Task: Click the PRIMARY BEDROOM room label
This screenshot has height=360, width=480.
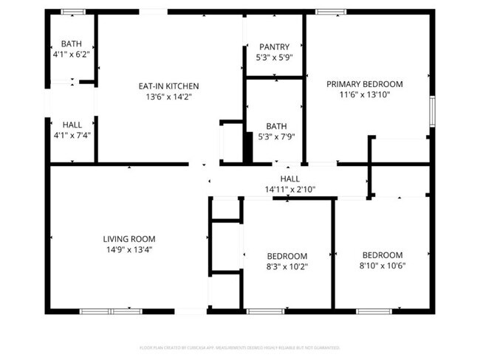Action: click(x=365, y=84)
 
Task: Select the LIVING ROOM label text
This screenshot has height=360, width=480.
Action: click(x=129, y=238)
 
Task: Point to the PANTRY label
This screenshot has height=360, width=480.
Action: click(x=274, y=47)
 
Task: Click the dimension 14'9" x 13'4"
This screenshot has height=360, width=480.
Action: click(x=129, y=249)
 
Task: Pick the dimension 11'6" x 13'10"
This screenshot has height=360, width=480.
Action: click(x=365, y=94)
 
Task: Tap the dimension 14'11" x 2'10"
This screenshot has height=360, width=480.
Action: click(x=290, y=190)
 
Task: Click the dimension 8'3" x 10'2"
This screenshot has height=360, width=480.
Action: click(x=287, y=266)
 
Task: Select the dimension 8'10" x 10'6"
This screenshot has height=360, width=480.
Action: click(x=383, y=266)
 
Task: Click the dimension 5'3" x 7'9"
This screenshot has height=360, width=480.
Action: click(x=274, y=136)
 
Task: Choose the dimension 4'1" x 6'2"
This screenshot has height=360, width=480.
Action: click(x=72, y=55)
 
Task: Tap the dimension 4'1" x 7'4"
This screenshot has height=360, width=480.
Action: click(x=72, y=136)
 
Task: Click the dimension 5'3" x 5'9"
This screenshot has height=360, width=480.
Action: click(x=274, y=58)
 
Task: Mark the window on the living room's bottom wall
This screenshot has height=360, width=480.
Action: click(x=111, y=311)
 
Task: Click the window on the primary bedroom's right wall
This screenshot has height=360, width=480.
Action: click(x=433, y=111)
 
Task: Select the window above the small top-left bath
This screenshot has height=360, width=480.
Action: click(x=72, y=12)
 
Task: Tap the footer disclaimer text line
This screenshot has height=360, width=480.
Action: click(x=239, y=347)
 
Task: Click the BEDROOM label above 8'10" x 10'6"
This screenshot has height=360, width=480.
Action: click(x=383, y=255)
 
